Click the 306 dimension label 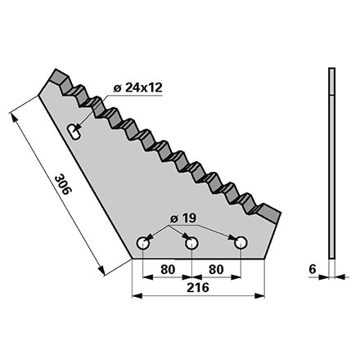tap(63, 185)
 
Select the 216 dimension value tap(198, 287)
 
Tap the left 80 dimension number tap(168, 269)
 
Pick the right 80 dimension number tap(216, 269)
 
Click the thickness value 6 tap(313, 269)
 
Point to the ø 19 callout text tap(182, 218)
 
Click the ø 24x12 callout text tap(138, 88)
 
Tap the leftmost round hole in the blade tap(142, 243)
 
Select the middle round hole tap(191, 243)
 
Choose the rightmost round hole tap(241, 242)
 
